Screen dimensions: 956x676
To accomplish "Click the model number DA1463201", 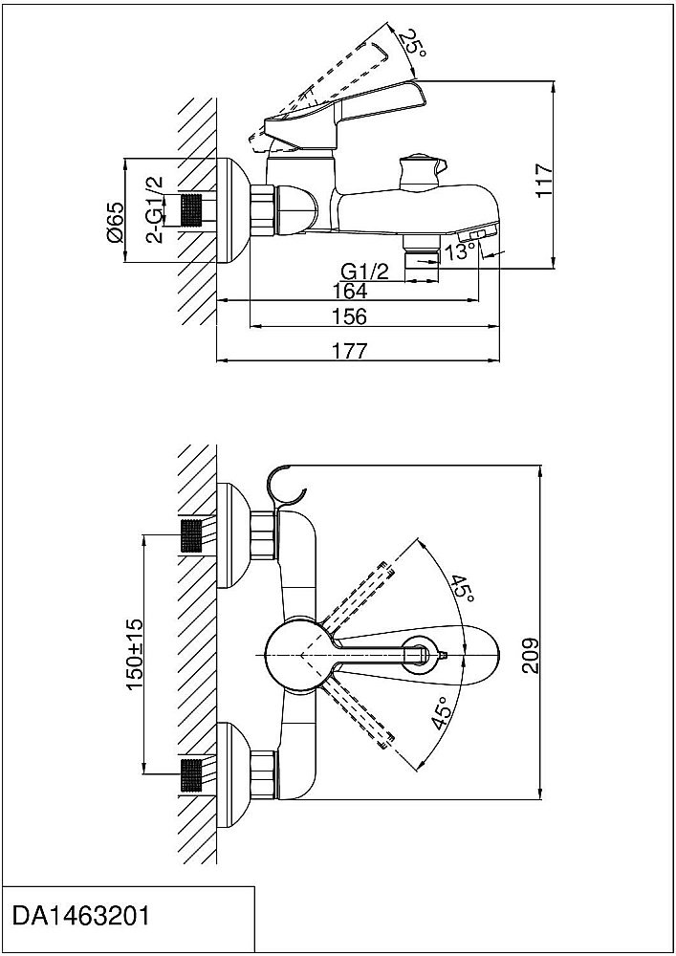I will [80, 915].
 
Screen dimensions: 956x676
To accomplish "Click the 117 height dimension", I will [543, 179].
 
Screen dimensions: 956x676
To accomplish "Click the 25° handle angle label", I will [413, 45].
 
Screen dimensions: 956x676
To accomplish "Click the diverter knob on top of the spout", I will [419, 169].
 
